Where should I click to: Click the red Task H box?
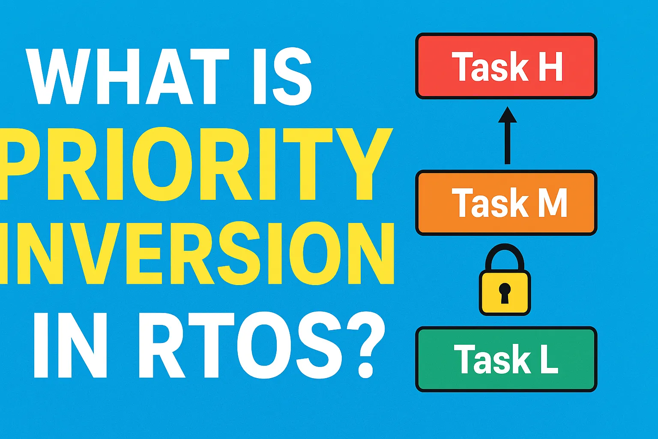click(506, 66)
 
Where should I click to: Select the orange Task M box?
click(506, 203)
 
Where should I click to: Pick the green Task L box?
click(506, 359)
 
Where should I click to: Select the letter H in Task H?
click(550, 66)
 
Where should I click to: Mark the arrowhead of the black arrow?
click(508, 115)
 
